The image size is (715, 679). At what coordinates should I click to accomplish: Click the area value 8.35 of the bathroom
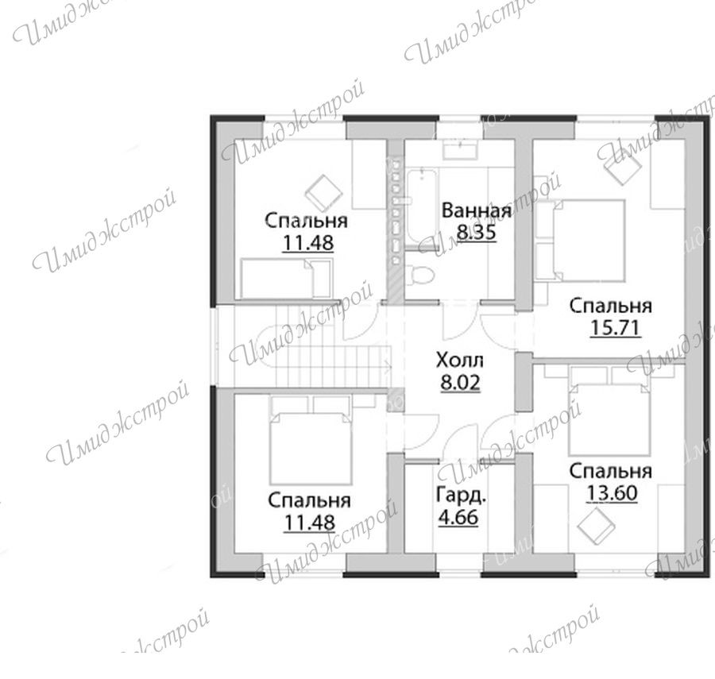coord(476,232)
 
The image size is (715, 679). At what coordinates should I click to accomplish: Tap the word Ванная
coord(477,211)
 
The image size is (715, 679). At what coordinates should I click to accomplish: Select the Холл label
coord(459,360)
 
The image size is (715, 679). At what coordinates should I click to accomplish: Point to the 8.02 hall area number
coord(460,382)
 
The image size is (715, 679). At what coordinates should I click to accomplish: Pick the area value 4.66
coord(458,517)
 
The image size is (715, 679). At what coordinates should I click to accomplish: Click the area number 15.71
coord(616,328)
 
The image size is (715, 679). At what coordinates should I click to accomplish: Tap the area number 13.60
coord(612,492)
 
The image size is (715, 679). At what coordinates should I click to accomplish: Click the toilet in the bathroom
coord(419,274)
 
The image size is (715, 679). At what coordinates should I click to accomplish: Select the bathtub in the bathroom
coord(420,207)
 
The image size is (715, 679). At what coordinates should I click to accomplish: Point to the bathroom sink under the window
coord(461,149)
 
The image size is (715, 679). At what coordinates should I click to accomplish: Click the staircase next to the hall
coord(319,345)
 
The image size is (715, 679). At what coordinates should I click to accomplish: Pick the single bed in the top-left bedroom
coord(286,278)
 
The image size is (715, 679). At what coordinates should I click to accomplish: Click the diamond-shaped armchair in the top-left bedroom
coord(323,191)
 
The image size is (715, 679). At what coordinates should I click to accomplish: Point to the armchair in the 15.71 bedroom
coord(622,168)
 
